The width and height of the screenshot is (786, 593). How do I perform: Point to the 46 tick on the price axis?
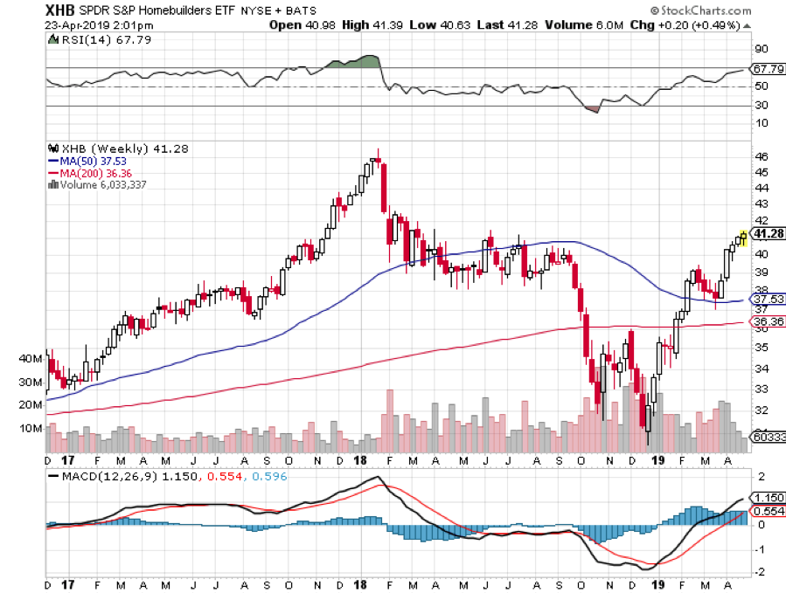(762, 156)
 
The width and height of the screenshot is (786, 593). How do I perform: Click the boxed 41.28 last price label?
(767, 234)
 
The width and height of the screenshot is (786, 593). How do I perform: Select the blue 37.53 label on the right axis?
(767, 299)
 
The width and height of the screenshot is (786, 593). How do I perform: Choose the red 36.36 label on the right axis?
(767, 321)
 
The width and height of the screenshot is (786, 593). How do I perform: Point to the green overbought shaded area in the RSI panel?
(354, 62)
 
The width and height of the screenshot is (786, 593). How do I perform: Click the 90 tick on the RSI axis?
(761, 49)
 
